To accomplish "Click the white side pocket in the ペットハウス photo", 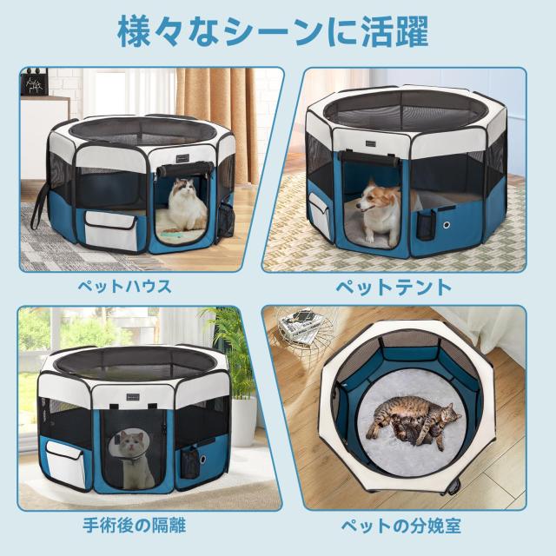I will pos(111,230).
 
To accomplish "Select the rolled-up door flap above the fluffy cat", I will pos(184,162).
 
